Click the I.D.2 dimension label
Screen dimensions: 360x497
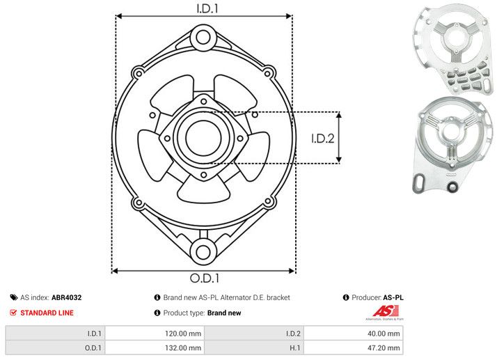pyautogui.click(x=323, y=138)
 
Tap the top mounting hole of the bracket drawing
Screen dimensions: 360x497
pyautogui.click(x=203, y=36)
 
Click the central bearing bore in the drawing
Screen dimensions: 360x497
pyautogui.click(x=203, y=136)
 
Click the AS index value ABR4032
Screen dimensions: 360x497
pyautogui.click(x=67, y=297)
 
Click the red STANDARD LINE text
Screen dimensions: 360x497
pyautogui.click(x=47, y=313)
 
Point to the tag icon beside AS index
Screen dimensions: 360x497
pyautogui.click(x=14, y=297)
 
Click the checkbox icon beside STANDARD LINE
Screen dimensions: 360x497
pyautogui.click(x=14, y=313)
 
